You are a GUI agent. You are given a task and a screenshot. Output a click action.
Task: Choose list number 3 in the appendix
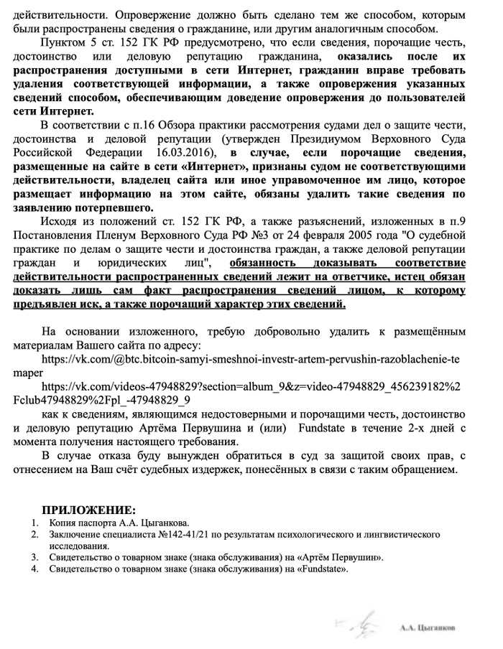tap(35, 557)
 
